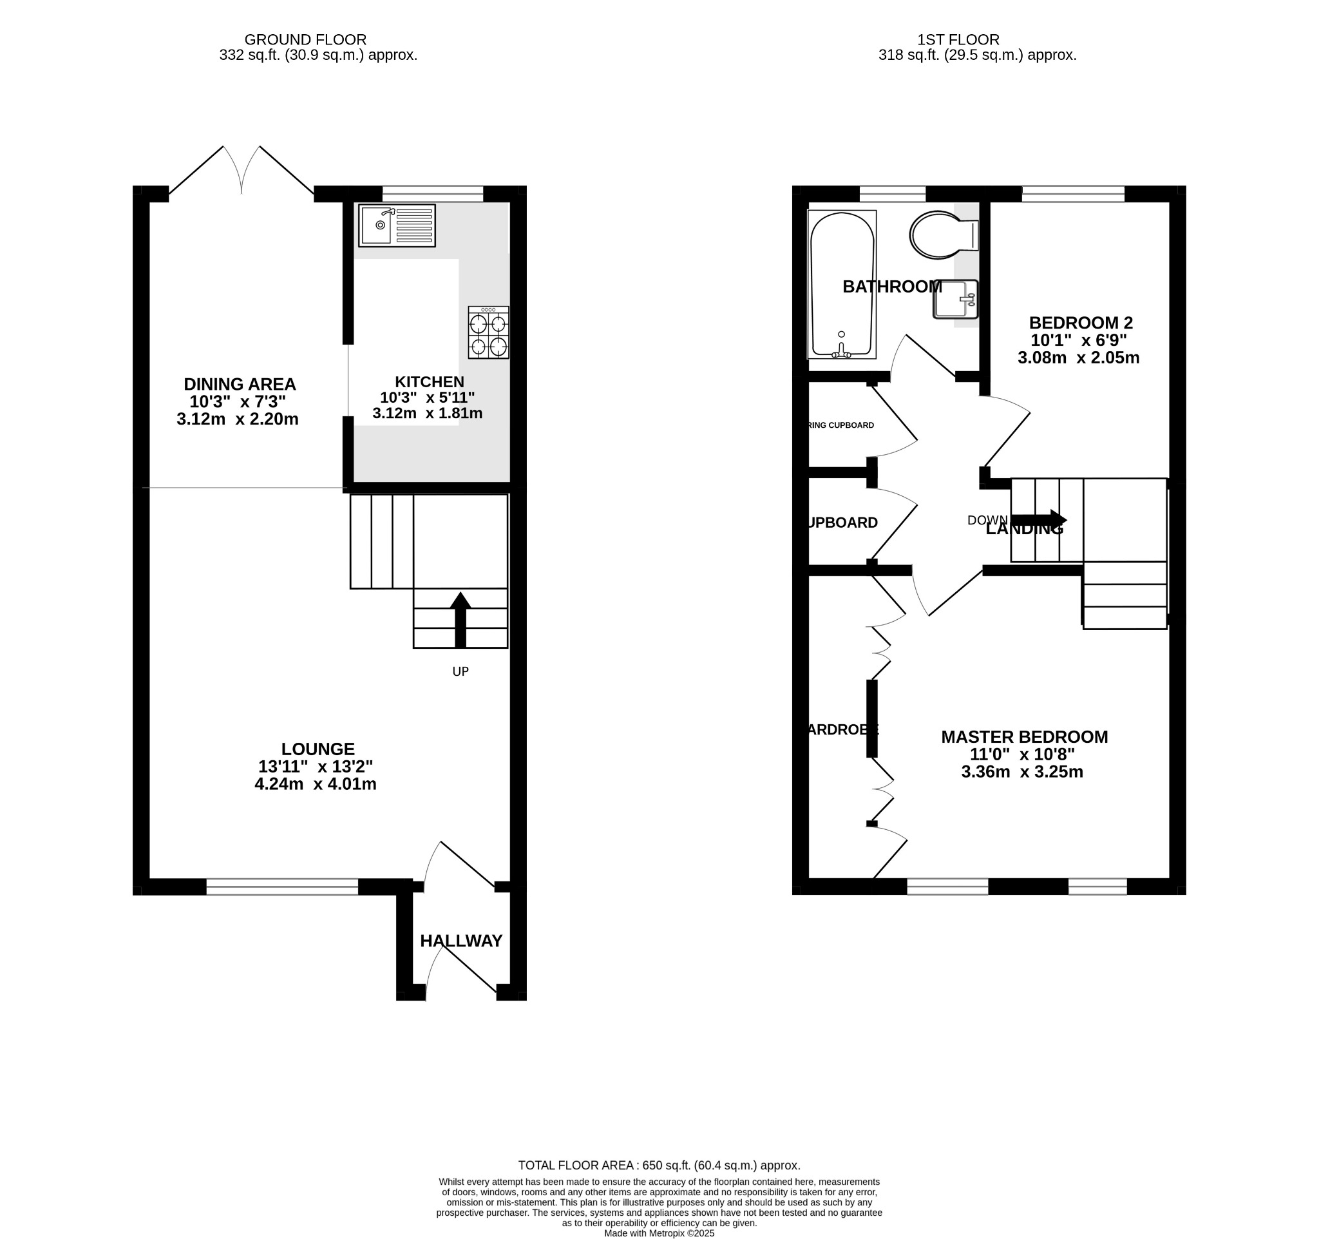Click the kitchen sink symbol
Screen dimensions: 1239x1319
click(397, 226)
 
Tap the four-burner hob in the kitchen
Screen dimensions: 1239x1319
click(488, 332)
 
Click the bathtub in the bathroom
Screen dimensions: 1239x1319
click(841, 285)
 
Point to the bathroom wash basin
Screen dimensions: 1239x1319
click(955, 300)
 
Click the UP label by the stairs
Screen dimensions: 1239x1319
click(460, 671)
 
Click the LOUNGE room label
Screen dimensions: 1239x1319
click(317, 749)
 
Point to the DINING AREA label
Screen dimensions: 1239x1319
click(240, 384)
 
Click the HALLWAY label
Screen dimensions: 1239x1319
click(461, 941)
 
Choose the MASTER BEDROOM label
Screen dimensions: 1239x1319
click(1025, 737)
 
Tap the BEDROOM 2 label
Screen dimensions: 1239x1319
click(1081, 323)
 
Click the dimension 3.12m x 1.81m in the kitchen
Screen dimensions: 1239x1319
click(427, 414)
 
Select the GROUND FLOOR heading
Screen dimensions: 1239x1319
click(305, 40)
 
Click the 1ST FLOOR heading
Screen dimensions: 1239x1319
click(958, 40)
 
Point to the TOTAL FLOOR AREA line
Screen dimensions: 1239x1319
click(659, 1166)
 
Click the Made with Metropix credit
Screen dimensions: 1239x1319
click(659, 1233)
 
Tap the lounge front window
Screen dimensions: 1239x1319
click(282, 887)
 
